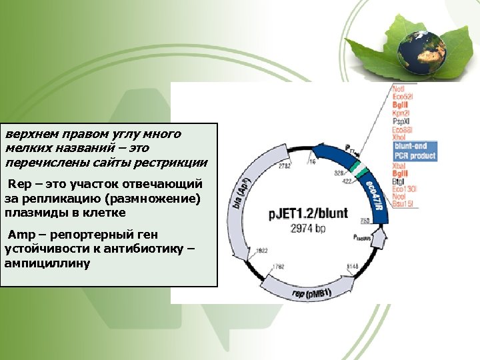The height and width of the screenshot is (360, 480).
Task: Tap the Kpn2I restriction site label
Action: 401,113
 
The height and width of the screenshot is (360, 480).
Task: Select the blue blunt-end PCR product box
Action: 414,151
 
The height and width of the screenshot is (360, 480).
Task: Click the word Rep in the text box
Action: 16,183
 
